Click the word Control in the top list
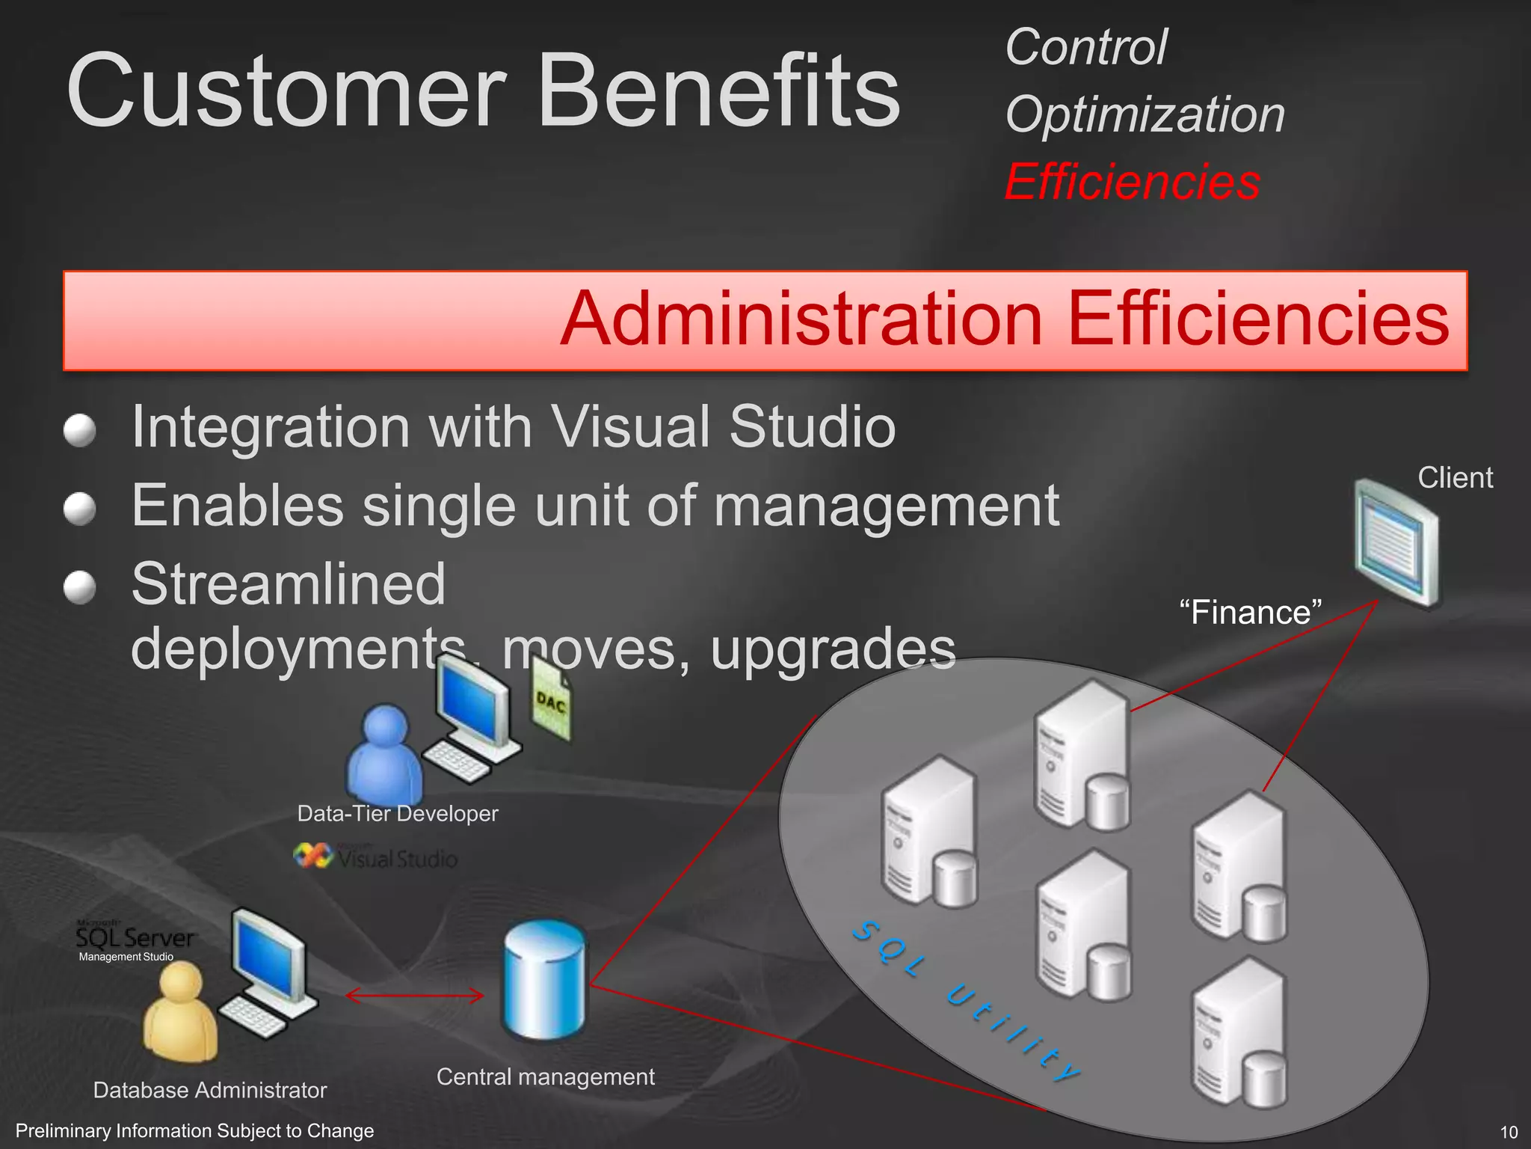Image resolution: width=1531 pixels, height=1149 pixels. point(1085,48)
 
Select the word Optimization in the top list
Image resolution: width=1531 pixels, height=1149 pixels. point(1145,115)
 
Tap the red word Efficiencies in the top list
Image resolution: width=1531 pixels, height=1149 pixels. point(1132,183)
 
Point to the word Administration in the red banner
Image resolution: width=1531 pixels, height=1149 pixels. point(801,319)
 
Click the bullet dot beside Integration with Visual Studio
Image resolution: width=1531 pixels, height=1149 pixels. point(80,431)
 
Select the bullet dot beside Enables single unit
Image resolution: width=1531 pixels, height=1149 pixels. point(80,509)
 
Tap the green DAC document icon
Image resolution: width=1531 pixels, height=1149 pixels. point(551,703)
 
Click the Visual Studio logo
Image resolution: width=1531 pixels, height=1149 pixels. point(376,857)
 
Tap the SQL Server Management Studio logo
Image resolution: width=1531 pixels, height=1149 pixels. point(135,941)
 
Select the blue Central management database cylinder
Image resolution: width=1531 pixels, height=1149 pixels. point(545,980)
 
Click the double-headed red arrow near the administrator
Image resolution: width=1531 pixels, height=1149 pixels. point(415,996)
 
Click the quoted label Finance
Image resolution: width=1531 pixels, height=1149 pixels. point(1250,613)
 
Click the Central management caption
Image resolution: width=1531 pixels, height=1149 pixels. point(545,1077)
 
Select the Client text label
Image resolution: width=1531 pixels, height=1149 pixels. point(1455,478)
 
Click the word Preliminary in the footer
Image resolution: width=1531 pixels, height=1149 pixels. point(61,1131)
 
